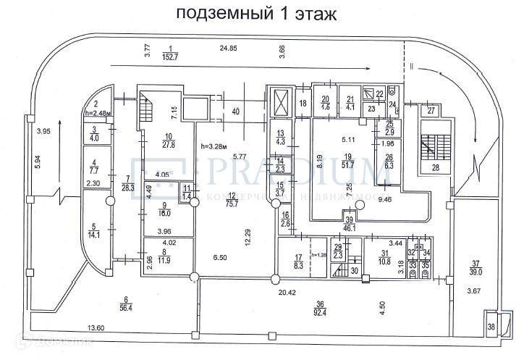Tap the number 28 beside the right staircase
tap(436, 168)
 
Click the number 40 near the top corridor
tap(235, 111)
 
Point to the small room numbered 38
tap(492, 327)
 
